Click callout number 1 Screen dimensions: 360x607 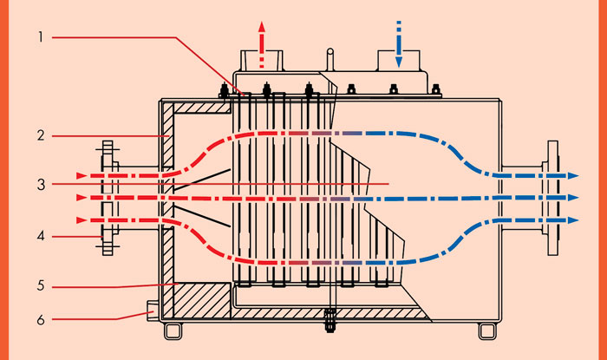41,37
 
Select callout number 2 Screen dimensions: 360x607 41,135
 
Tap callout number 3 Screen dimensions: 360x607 41,184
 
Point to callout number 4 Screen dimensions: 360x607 41,234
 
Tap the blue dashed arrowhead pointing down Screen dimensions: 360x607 399,62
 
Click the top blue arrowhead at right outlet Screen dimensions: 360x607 572,175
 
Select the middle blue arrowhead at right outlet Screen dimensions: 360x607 572,199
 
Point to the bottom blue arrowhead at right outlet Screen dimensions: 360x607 572,222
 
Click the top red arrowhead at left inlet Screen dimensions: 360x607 82,175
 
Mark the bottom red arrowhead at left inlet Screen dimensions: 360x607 82,219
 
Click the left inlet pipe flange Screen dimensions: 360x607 107,198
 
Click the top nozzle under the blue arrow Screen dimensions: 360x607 398,63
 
